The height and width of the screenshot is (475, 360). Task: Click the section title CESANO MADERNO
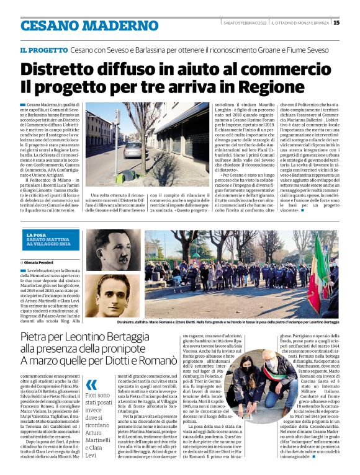coord(80,25)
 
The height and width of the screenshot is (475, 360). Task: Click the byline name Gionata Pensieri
coord(40,264)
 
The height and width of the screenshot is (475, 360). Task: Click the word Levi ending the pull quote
coord(91,439)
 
